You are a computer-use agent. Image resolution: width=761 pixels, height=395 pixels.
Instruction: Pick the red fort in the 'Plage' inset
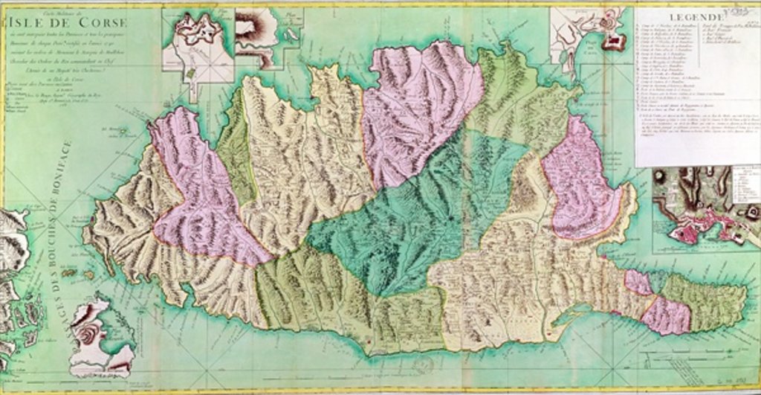point(614,42)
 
